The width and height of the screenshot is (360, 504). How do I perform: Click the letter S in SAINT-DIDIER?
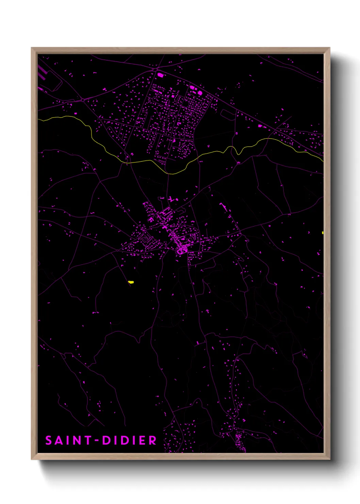point(49,440)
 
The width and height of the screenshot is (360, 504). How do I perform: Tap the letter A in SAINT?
point(59,440)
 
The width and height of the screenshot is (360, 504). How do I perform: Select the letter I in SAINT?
point(68,440)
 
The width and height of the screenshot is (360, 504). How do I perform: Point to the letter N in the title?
point(77,440)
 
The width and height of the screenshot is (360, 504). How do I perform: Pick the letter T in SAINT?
point(87,440)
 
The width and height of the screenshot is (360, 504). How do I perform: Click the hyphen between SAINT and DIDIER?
point(97,440)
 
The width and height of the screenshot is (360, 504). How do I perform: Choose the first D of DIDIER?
point(106,440)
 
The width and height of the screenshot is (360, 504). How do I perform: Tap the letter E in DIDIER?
point(143,440)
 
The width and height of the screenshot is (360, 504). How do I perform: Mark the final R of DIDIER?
point(153,440)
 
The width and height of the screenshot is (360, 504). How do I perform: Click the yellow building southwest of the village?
point(131,282)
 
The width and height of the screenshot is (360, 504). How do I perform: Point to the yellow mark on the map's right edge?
point(322,233)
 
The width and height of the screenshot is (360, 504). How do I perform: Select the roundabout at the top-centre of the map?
point(155,70)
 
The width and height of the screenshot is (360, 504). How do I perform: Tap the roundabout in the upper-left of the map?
point(83,100)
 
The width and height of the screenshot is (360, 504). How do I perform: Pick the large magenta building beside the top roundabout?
point(160,75)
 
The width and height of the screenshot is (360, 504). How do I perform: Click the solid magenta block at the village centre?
point(182,251)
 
